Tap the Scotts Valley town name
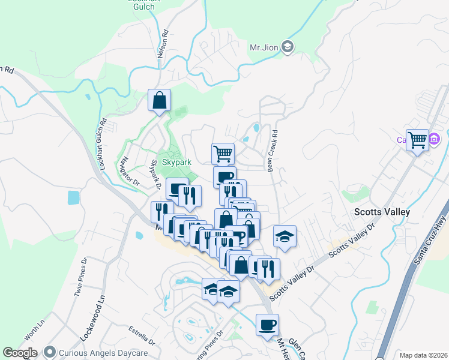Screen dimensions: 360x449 coord(381,212)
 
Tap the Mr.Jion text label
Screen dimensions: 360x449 coord(264,47)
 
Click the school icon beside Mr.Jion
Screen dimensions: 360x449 coord(288,47)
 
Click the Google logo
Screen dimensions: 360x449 coord(20,353)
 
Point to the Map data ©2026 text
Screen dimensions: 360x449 coord(423,355)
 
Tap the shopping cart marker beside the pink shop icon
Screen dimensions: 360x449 coord(417,140)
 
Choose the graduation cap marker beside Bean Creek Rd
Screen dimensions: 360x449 coord(285,236)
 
